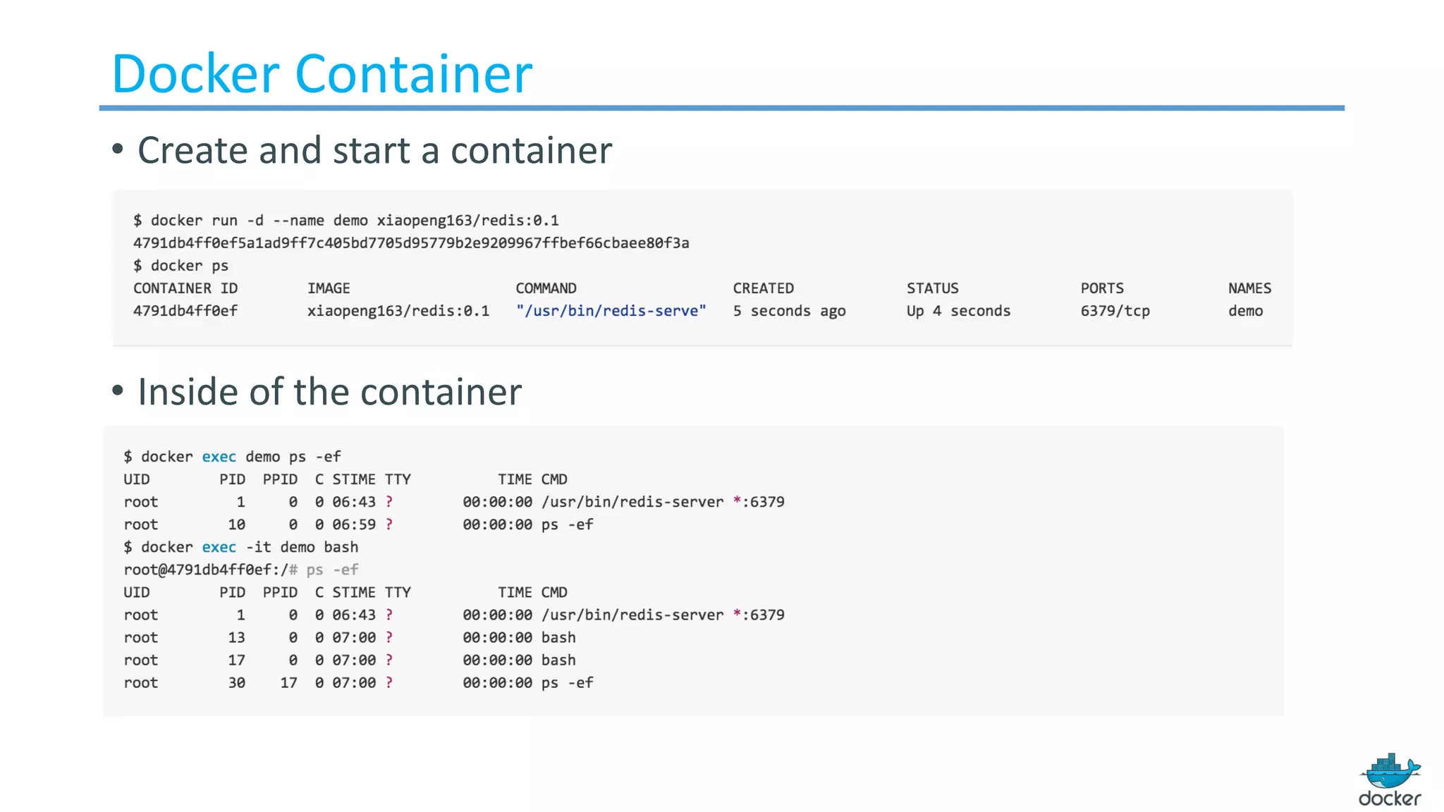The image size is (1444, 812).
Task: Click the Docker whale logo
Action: click(x=1390, y=779)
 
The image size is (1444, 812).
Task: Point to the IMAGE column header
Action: click(x=329, y=288)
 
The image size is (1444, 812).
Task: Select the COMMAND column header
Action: click(x=546, y=288)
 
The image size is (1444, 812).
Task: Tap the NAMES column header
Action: click(x=1249, y=288)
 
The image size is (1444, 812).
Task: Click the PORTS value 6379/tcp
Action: click(x=1115, y=311)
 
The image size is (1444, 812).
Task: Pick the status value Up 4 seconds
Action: click(x=958, y=311)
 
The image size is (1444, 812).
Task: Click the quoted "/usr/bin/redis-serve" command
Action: click(x=611, y=311)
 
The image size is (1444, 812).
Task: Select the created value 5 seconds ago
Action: click(x=789, y=311)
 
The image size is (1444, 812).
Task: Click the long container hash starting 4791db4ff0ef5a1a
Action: click(x=411, y=243)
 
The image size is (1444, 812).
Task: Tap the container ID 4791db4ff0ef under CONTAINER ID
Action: click(x=185, y=311)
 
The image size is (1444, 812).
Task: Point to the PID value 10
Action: click(x=236, y=524)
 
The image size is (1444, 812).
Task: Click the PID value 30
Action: click(x=236, y=682)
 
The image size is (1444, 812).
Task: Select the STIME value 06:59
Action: click(x=354, y=524)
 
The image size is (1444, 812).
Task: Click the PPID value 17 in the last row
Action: click(x=288, y=682)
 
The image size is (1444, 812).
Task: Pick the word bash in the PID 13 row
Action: click(x=558, y=637)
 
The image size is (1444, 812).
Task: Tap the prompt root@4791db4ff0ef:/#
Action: click(x=210, y=570)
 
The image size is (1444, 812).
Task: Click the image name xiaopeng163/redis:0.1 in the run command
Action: click(x=467, y=221)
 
